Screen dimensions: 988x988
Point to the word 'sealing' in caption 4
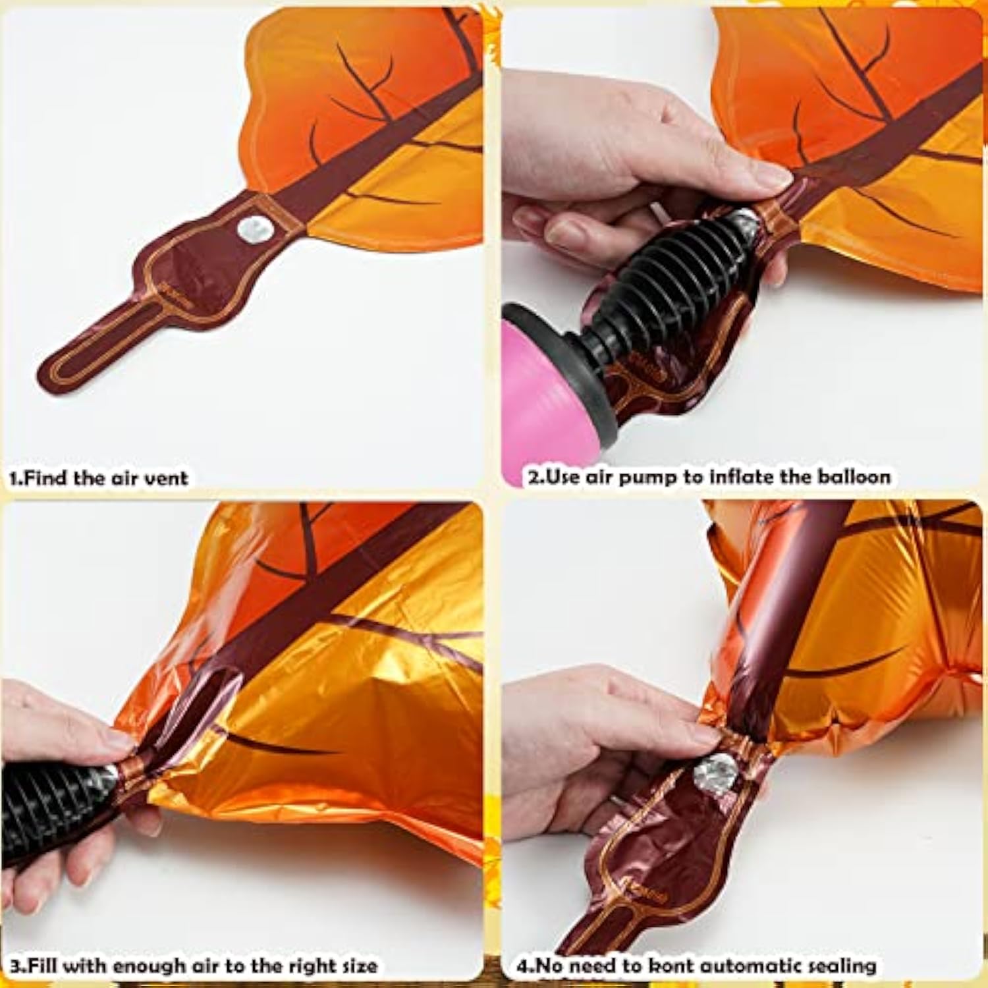tap(844, 966)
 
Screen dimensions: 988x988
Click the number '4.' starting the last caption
tap(524, 966)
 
